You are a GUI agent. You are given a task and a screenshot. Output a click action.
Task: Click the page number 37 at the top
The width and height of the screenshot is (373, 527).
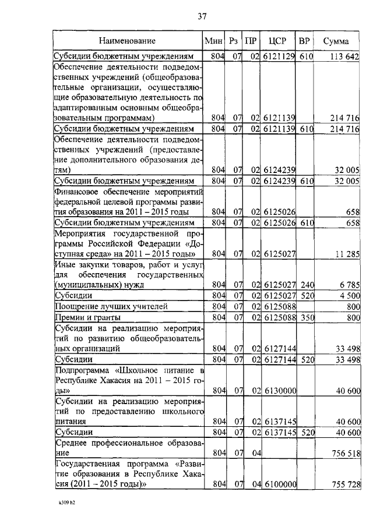(202, 16)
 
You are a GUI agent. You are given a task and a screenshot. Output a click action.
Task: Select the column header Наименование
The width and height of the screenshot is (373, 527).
(127, 41)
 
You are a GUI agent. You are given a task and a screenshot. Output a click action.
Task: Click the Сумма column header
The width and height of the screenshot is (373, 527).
(338, 41)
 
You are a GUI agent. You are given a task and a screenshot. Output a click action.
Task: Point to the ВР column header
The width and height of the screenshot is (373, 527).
(304, 41)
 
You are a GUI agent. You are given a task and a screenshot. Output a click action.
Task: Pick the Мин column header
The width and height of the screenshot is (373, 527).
(214, 41)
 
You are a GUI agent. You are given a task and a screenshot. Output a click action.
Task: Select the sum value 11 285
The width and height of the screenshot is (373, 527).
(346, 254)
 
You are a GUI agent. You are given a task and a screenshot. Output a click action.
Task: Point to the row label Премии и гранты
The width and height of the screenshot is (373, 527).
(88, 318)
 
